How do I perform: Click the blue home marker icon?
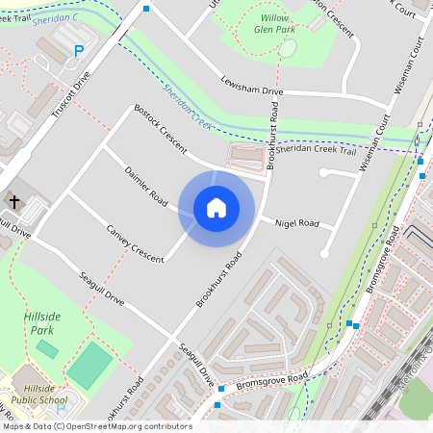[x=216, y=208]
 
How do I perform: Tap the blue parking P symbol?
[x=79, y=52]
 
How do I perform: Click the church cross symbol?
[x=14, y=201]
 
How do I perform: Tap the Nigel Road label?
[x=296, y=223]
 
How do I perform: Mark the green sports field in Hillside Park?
[x=90, y=365]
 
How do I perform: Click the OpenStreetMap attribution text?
[x=96, y=425]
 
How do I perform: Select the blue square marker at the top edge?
[x=146, y=8]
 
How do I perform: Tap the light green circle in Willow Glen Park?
[x=288, y=48]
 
